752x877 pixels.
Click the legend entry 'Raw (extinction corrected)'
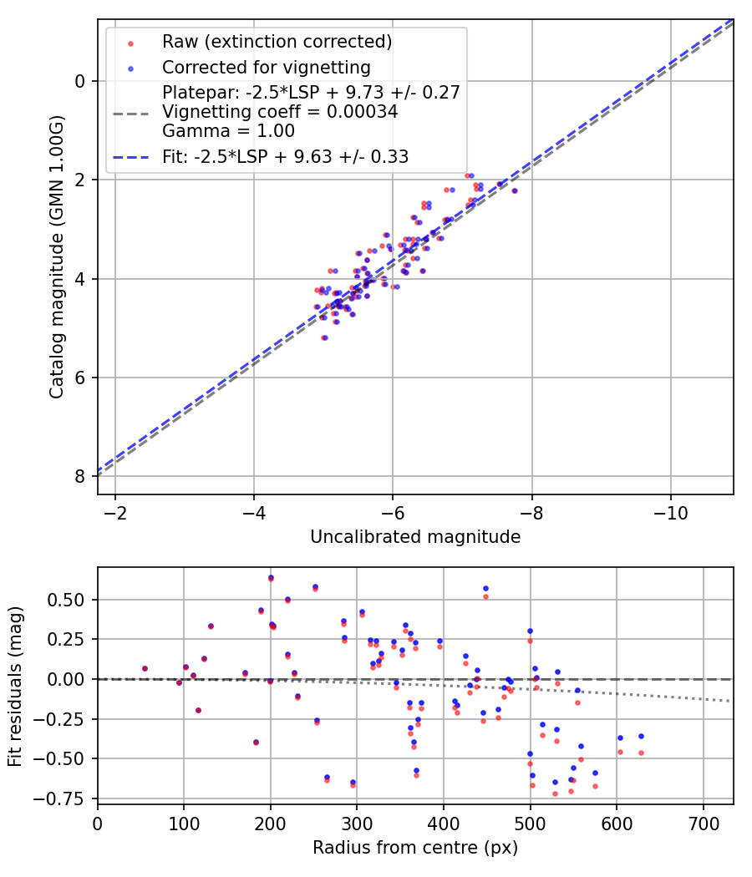click(x=277, y=42)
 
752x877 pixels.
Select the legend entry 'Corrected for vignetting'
click(x=266, y=67)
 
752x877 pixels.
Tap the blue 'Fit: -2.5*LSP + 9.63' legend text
click(x=285, y=156)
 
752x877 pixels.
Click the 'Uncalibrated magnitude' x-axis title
click(x=415, y=537)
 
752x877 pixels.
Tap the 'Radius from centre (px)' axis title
click(x=415, y=848)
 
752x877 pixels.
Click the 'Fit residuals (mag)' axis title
click(x=14, y=685)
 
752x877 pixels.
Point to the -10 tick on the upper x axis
click(x=670, y=511)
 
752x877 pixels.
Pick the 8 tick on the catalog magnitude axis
click(x=80, y=476)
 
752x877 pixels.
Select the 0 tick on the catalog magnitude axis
click(x=80, y=81)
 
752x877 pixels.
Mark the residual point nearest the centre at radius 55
click(x=145, y=668)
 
